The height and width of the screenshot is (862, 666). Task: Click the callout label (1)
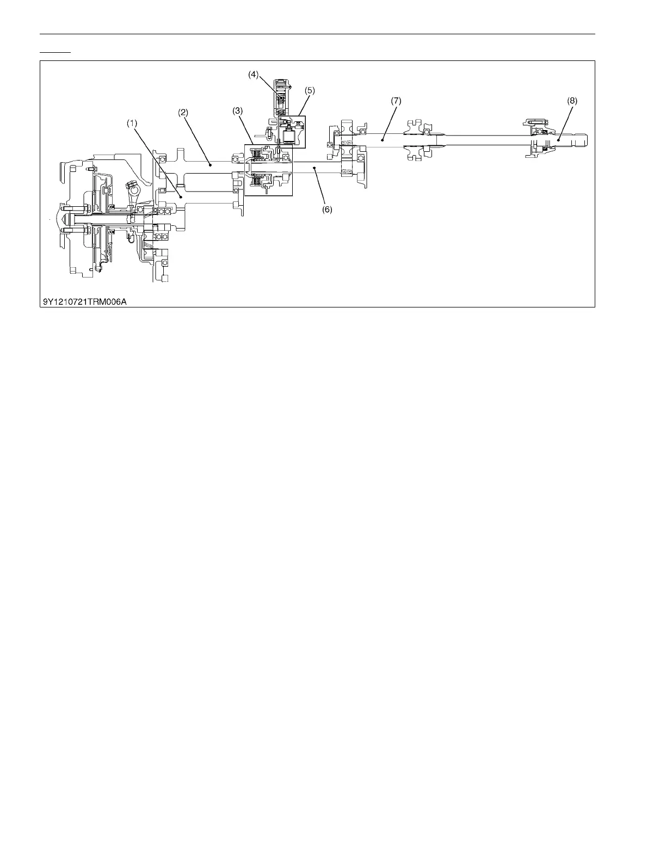pyautogui.click(x=132, y=124)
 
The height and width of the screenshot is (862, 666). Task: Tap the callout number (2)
pyautogui.click(x=183, y=113)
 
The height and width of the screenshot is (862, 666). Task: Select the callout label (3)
pyautogui.click(x=237, y=110)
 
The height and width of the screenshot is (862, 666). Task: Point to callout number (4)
pyautogui.click(x=254, y=75)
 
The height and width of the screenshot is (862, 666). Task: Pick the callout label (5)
pyautogui.click(x=310, y=90)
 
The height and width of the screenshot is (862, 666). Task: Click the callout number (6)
pyautogui.click(x=327, y=209)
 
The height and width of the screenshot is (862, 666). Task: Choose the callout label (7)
pyautogui.click(x=396, y=101)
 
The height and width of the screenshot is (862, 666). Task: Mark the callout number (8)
pyautogui.click(x=572, y=101)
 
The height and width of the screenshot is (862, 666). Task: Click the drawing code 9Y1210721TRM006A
pyautogui.click(x=85, y=301)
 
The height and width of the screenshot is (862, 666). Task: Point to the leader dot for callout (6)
pyautogui.click(x=314, y=169)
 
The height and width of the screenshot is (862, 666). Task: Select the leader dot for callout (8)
pyautogui.click(x=558, y=140)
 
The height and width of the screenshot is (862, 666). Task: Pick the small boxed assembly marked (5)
pyautogui.click(x=292, y=131)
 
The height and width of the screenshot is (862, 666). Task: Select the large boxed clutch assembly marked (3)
pyautogui.click(x=269, y=169)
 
